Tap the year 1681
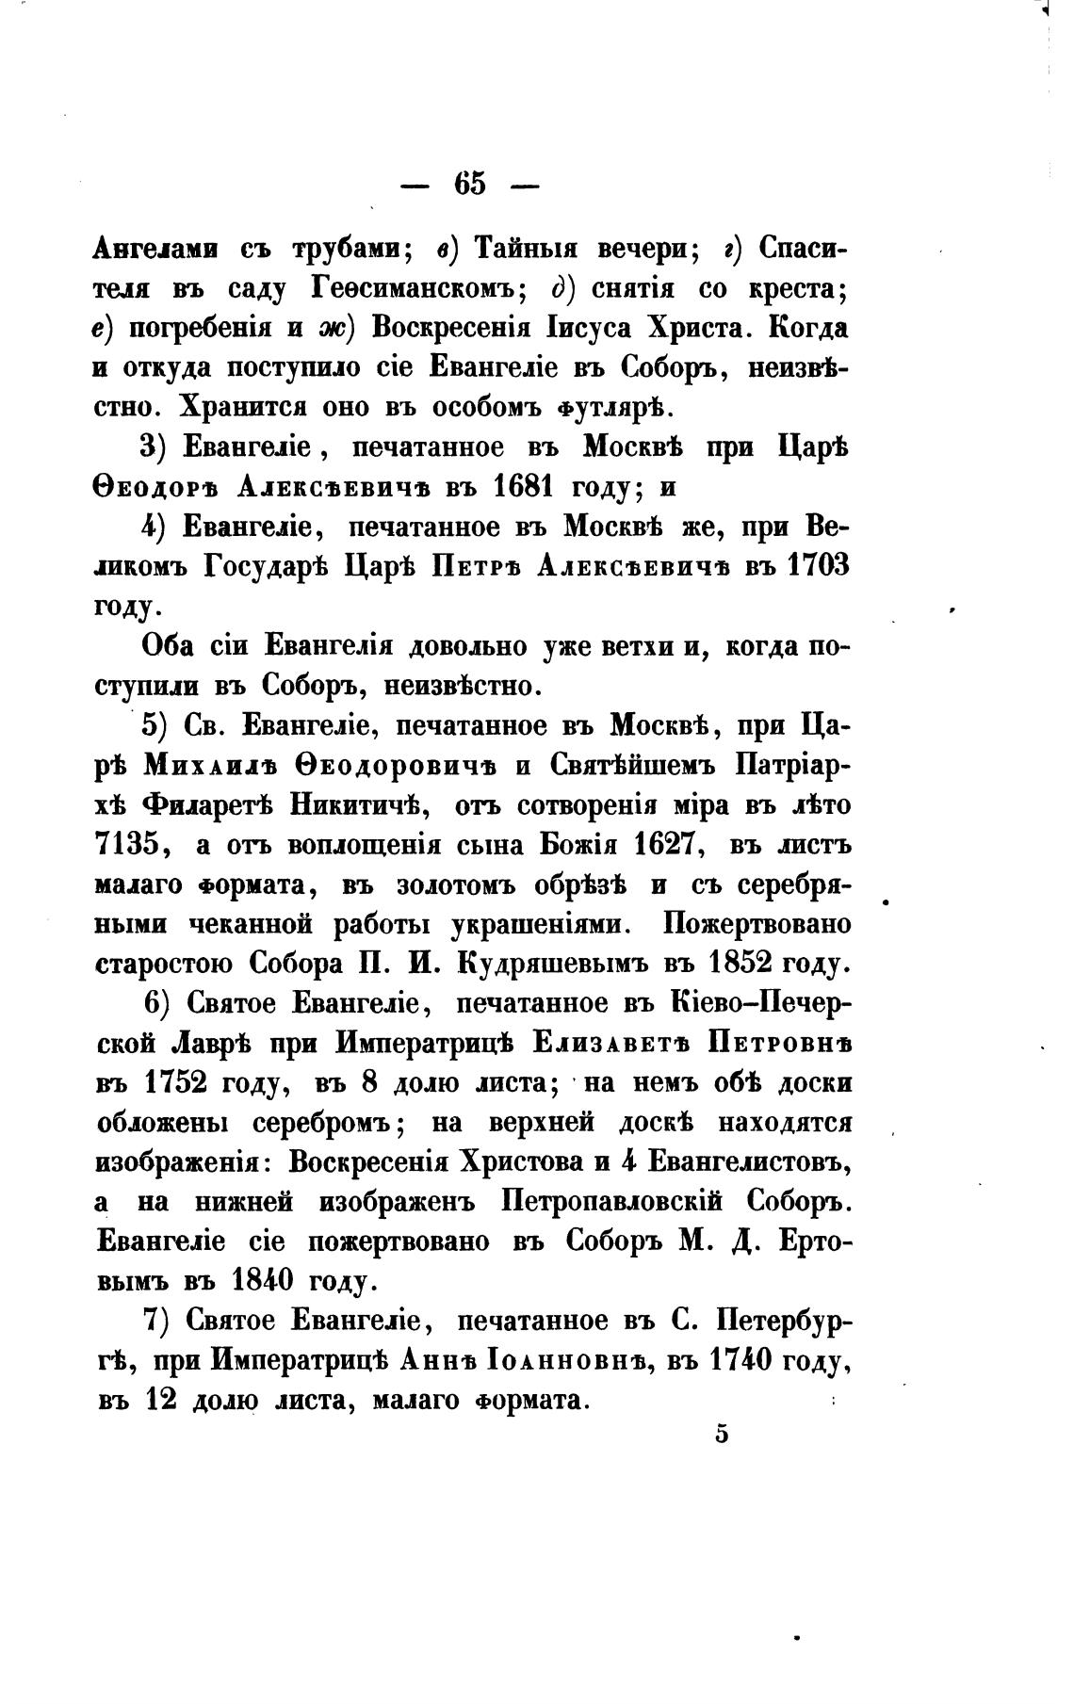(529, 487)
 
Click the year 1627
(663, 845)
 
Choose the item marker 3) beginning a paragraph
(154, 447)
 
